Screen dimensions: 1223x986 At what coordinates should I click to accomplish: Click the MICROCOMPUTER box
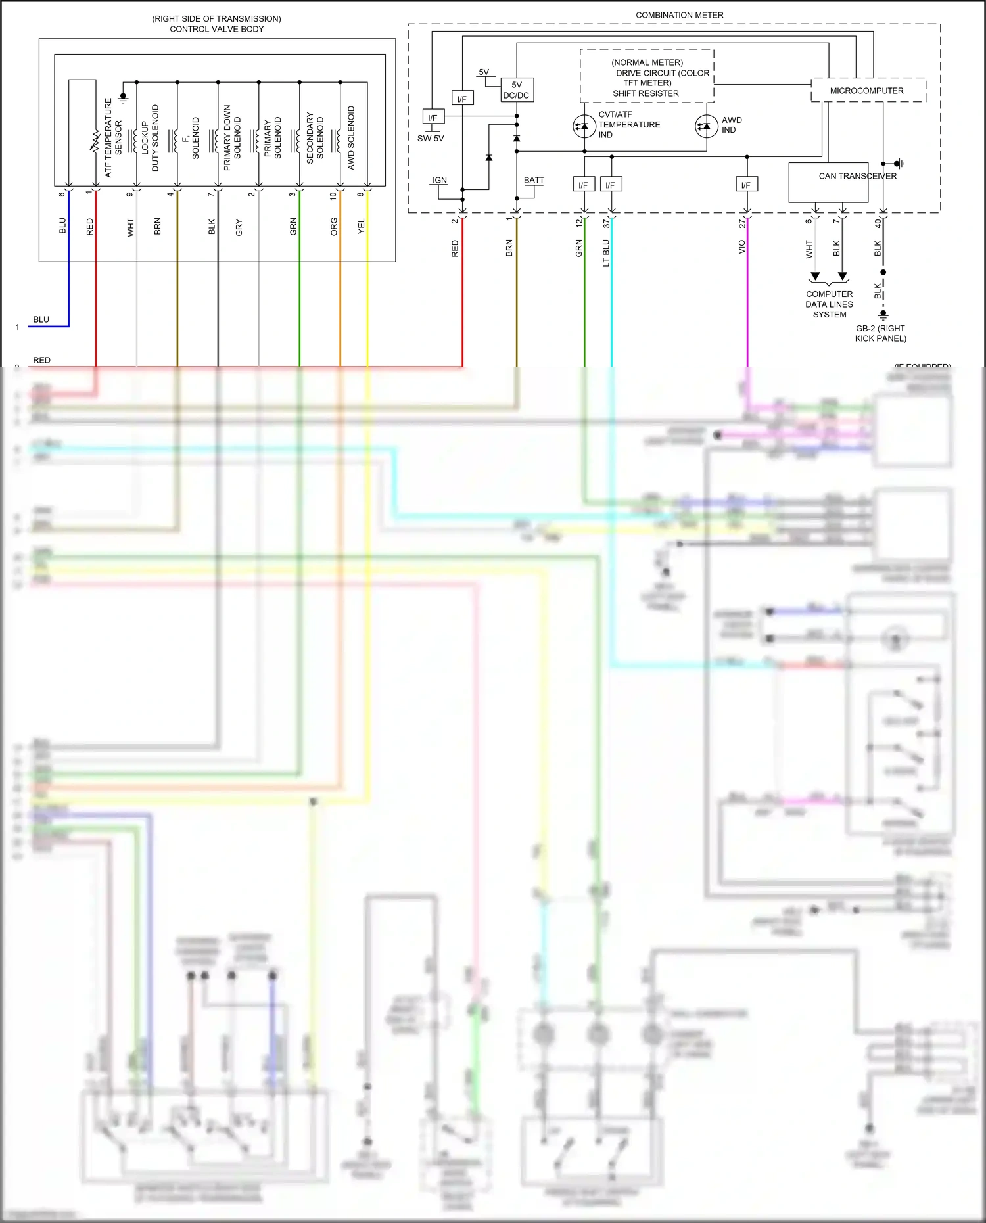point(868,91)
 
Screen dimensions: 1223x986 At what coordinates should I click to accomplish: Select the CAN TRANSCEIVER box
point(828,182)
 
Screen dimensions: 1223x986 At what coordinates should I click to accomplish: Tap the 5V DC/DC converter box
point(517,90)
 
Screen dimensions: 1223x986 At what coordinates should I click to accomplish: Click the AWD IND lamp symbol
point(707,126)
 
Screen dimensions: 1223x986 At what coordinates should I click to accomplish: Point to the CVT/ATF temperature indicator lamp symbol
point(584,126)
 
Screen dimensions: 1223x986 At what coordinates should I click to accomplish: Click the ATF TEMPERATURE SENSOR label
point(114,137)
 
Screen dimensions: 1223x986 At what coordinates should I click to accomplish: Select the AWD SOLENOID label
point(351,137)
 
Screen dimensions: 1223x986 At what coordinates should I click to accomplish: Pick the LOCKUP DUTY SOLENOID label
point(150,137)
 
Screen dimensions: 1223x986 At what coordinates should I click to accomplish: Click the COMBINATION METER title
point(679,15)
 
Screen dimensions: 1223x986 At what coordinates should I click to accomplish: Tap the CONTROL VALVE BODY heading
point(216,29)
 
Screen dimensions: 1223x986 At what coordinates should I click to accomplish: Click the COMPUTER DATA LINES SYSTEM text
point(829,304)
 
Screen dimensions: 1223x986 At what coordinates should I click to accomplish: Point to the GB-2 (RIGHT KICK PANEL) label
point(880,333)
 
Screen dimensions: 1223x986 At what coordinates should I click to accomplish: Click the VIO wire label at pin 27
point(741,247)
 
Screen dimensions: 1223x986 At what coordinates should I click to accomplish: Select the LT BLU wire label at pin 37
point(606,252)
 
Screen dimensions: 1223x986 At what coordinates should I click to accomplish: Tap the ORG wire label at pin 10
point(334,227)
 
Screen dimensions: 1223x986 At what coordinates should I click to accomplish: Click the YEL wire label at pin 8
point(361,227)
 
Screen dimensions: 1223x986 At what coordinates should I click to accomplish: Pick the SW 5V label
point(431,139)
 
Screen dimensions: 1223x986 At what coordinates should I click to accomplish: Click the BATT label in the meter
point(534,180)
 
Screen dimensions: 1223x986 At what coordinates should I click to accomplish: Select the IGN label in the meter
point(440,180)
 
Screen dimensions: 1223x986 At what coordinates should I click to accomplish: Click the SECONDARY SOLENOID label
point(315,137)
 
